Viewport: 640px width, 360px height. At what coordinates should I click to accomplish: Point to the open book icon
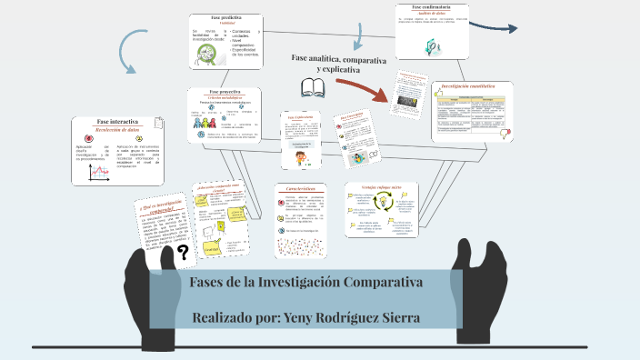(x=313, y=87)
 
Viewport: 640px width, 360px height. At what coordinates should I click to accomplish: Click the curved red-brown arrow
(x=365, y=89)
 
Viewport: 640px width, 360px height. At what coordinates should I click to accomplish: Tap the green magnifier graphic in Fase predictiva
(x=207, y=55)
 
